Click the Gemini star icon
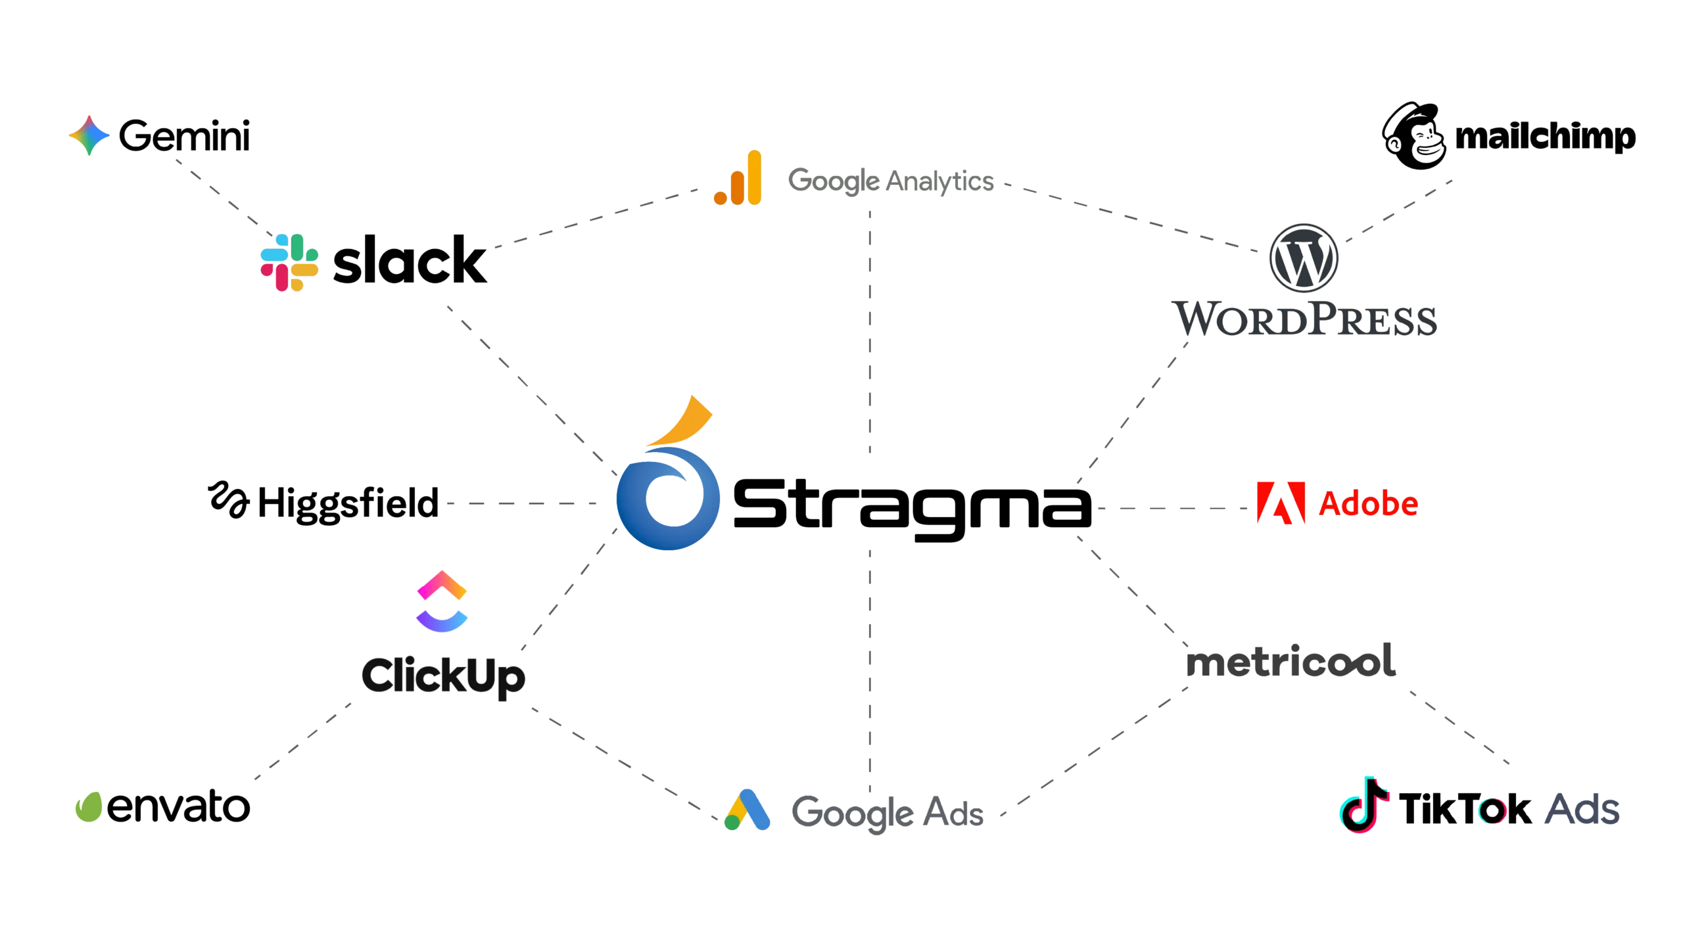pyautogui.click(x=89, y=135)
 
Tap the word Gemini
pyautogui.click(x=184, y=135)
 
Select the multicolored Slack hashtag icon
pyautogui.click(x=289, y=262)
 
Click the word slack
pyautogui.click(x=410, y=260)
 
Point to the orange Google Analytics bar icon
pyautogui.click(x=738, y=177)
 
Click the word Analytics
pyautogui.click(x=940, y=181)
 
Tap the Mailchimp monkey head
pyautogui.click(x=1413, y=135)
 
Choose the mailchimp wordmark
pyautogui.click(x=1545, y=137)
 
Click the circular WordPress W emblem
pyautogui.click(x=1303, y=258)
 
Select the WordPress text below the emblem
pyautogui.click(x=1304, y=319)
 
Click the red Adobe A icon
pyautogui.click(x=1281, y=503)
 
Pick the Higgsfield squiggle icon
pyautogui.click(x=228, y=499)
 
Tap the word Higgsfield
pyautogui.click(x=348, y=504)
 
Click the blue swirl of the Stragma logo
pyautogui.click(x=669, y=498)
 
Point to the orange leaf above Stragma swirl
pyautogui.click(x=680, y=421)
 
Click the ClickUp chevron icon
pyautogui.click(x=442, y=601)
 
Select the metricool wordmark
pyautogui.click(x=1291, y=660)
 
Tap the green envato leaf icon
pyautogui.click(x=89, y=807)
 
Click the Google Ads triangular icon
pyautogui.click(x=747, y=810)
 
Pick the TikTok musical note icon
pyautogui.click(x=1363, y=805)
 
